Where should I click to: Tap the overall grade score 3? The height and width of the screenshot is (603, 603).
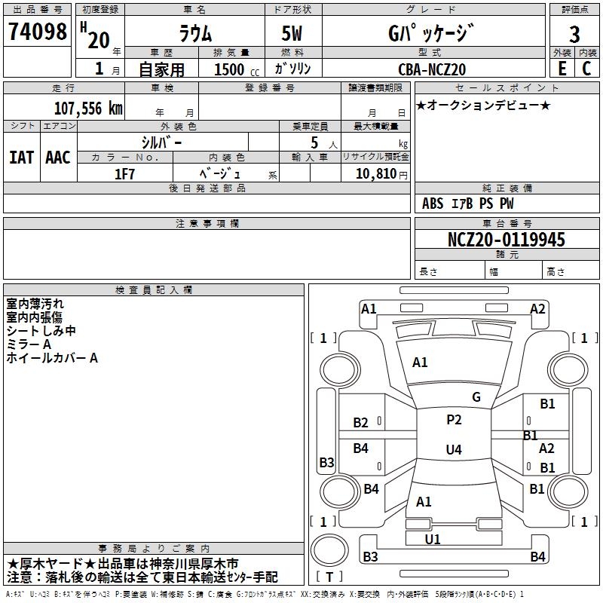click(574, 35)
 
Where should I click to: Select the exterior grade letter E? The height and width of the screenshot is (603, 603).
click(562, 68)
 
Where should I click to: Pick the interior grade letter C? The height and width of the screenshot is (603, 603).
click(586, 68)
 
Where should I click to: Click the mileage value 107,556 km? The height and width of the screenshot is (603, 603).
click(88, 108)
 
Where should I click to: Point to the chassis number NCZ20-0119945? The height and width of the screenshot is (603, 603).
click(507, 240)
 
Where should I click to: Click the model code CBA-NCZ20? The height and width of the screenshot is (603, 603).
click(432, 69)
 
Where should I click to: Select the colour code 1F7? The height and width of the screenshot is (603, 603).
click(124, 173)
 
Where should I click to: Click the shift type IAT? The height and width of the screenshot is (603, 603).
click(21, 157)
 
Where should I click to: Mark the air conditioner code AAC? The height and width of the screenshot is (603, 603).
click(58, 157)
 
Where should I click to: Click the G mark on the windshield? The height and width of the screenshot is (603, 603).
click(476, 397)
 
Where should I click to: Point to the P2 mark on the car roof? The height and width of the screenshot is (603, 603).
click(454, 420)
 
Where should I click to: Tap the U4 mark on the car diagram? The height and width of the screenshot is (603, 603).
click(453, 450)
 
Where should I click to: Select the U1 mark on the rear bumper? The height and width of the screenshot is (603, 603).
click(433, 539)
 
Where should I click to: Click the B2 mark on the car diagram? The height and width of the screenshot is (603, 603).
click(361, 423)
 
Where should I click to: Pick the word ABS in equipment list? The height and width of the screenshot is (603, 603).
click(433, 204)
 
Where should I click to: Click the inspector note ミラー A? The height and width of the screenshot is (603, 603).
click(29, 344)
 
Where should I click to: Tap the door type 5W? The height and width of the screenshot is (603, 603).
click(293, 34)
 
